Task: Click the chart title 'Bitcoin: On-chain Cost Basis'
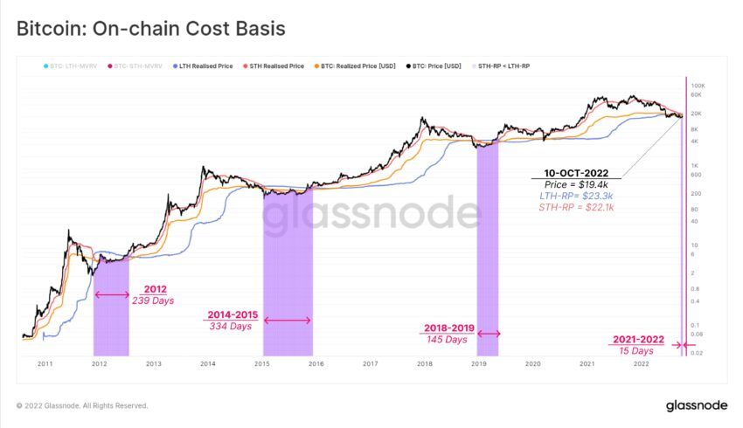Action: pyautogui.click(x=151, y=29)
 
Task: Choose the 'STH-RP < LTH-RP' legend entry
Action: pyautogui.click(x=504, y=66)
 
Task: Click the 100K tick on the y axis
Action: pyautogui.click(x=698, y=86)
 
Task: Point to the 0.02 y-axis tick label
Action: pyautogui.click(x=697, y=352)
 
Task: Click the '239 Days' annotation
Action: pyautogui.click(x=155, y=301)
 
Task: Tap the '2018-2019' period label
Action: pyautogui.click(x=448, y=328)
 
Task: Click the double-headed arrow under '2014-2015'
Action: pyautogui.click(x=287, y=321)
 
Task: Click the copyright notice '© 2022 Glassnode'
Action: pyautogui.click(x=82, y=406)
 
